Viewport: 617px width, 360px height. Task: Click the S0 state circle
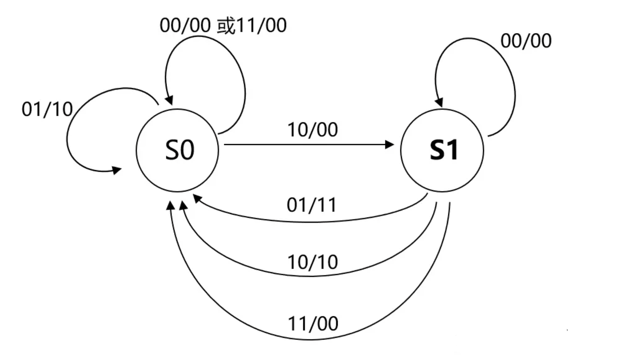pyautogui.click(x=177, y=150)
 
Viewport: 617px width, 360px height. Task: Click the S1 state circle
pyautogui.click(x=442, y=150)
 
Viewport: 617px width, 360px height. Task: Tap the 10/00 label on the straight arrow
pyautogui.click(x=312, y=130)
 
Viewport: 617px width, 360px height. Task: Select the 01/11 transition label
pyautogui.click(x=312, y=205)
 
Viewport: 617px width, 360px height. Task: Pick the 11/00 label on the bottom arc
pyautogui.click(x=313, y=324)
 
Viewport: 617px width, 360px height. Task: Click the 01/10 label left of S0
pyautogui.click(x=47, y=109)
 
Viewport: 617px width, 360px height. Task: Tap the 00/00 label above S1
pyautogui.click(x=526, y=41)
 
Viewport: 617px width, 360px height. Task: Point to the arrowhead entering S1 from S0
pyautogui.click(x=389, y=145)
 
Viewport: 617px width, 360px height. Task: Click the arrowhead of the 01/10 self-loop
pyautogui.click(x=117, y=170)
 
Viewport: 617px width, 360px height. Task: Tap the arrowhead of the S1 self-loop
pyautogui.click(x=439, y=102)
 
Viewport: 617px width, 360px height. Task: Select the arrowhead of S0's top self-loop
pyautogui.click(x=169, y=100)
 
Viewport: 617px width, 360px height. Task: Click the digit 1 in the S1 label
pyautogui.click(x=452, y=150)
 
